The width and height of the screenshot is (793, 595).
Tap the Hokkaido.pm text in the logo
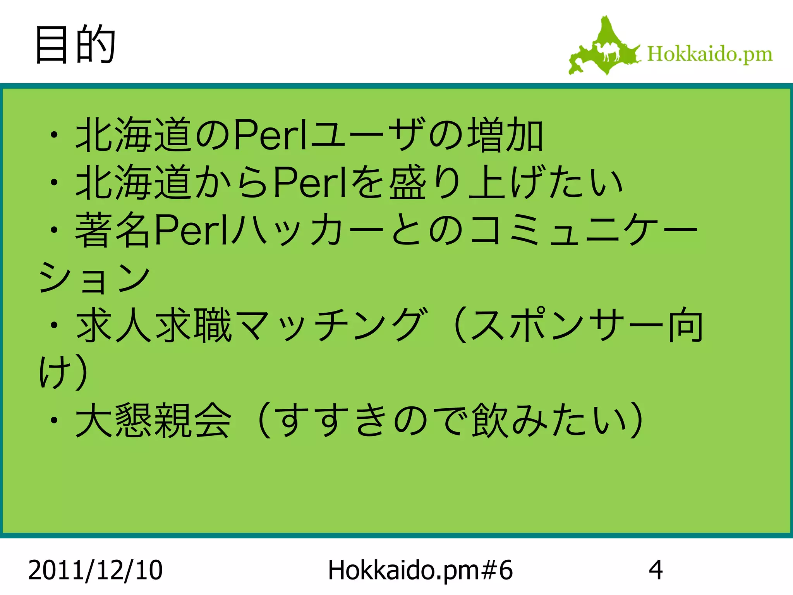point(709,54)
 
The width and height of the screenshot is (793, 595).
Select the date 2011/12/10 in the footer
point(95,570)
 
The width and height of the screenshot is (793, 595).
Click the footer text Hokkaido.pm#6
point(420,570)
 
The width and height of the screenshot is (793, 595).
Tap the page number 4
point(656,570)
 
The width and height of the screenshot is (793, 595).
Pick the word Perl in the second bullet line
point(310,182)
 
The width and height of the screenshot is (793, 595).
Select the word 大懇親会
point(153,420)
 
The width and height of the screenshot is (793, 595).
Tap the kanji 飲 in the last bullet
point(489,420)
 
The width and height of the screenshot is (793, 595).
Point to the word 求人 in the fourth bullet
point(114,325)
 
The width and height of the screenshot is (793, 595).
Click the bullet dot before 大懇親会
point(55,420)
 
